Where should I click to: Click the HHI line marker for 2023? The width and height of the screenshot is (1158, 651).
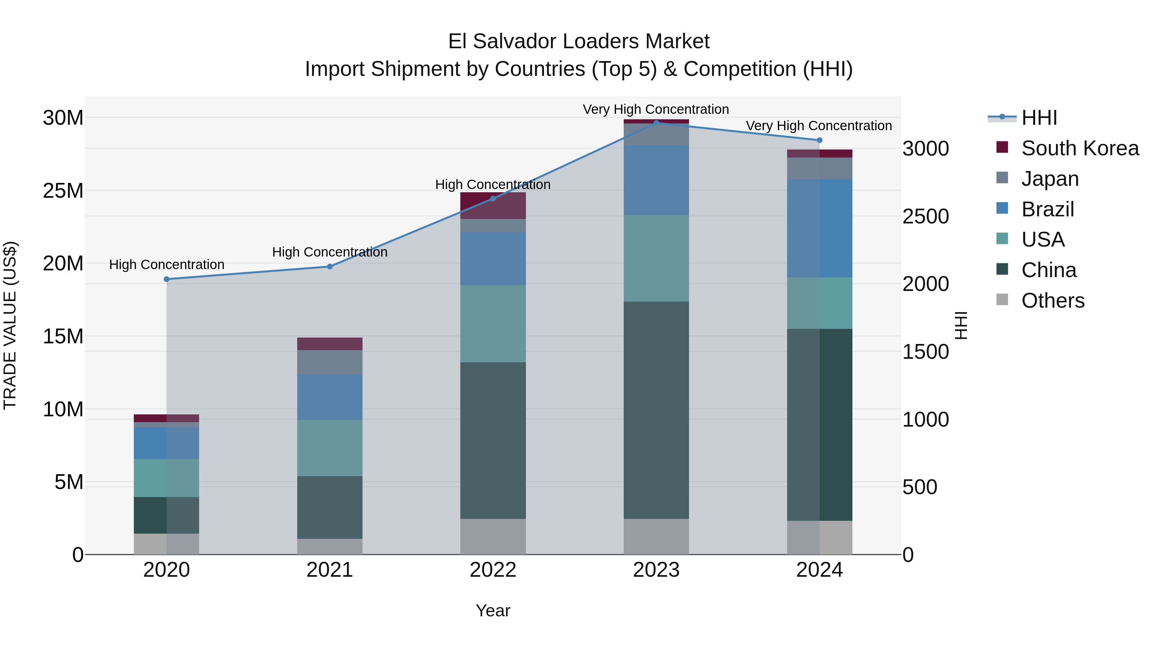656,123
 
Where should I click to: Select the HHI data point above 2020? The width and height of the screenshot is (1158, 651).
167,279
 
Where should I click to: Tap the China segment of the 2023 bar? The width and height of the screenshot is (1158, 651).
656,410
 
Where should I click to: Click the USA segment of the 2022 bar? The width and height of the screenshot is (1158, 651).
493,323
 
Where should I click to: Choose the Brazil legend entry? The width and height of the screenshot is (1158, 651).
1047,209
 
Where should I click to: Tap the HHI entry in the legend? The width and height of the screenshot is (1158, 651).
1039,118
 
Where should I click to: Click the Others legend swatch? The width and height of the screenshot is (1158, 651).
1002,300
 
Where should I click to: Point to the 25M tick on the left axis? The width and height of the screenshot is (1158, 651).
63,191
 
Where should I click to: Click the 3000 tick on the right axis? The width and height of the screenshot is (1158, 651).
925,149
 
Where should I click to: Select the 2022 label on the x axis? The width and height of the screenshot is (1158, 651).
493,570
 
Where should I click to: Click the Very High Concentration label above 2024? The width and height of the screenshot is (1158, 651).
819,126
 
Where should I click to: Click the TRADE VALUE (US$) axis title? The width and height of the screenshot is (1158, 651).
10,325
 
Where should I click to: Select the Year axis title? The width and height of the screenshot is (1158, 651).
493,610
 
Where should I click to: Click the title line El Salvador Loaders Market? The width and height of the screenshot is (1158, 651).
579,41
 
